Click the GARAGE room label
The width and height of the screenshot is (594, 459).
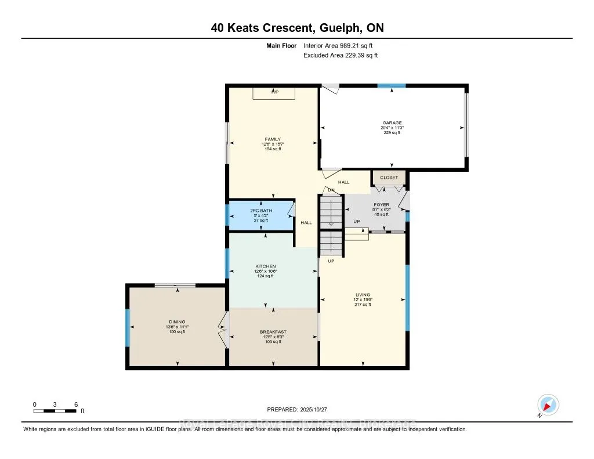click(392, 122)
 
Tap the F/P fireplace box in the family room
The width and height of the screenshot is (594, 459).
click(274, 93)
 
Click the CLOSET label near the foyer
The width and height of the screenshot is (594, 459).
click(389, 178)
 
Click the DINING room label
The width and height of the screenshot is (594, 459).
click(177, 321)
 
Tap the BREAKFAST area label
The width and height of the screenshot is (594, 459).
click(273, 331)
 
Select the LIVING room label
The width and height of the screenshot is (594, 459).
click(363, 295)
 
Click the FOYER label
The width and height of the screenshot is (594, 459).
click(382, 204)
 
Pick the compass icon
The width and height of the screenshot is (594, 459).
click(548, 405)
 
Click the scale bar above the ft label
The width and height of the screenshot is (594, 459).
click(55, 411)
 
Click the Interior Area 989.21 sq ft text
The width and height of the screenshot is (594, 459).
click(342, 45)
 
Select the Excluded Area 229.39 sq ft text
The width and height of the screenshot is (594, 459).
click(341, 55)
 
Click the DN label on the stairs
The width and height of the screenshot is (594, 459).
click(331, 190)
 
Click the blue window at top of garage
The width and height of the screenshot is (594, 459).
click(392, 86)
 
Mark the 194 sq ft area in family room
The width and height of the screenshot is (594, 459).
click(273, 149)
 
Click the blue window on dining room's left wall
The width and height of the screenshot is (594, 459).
click(128, 328)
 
